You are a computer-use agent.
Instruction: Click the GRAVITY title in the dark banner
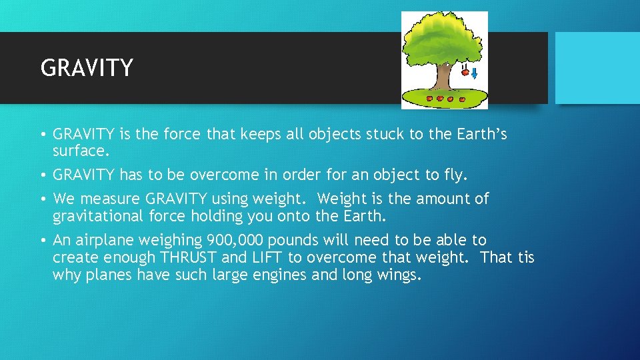87,68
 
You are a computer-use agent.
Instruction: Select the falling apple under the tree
465,72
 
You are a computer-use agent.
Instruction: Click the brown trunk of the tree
442,75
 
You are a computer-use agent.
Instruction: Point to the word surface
79,151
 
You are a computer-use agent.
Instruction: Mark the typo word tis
527,257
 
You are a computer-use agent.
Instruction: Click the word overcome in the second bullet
219,175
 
